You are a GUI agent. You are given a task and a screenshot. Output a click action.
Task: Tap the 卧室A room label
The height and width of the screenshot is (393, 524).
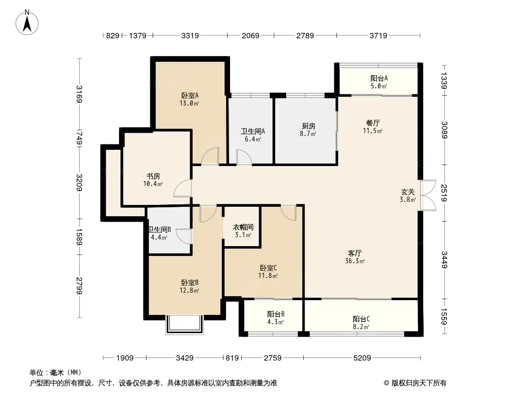[190, 95]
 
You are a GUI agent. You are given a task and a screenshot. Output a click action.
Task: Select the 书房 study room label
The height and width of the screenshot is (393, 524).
[153, 176]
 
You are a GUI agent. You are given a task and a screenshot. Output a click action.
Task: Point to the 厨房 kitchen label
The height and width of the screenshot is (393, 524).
[308, 126]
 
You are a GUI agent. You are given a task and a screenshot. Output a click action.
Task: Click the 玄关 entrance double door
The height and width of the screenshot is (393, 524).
[428, 196]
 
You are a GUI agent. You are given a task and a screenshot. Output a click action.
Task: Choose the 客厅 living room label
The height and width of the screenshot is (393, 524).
[354, 253]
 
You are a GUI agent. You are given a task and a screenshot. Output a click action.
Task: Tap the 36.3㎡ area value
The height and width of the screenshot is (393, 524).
[355, 261]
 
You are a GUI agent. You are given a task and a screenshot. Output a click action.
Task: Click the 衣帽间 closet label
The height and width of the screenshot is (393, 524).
[243, 227]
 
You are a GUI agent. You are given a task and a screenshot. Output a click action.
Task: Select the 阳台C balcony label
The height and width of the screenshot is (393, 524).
[361, 319]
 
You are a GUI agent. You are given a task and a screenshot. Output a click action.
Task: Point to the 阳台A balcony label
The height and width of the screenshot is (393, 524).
[379, 78]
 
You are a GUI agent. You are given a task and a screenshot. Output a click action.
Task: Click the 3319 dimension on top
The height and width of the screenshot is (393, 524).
[190, 35]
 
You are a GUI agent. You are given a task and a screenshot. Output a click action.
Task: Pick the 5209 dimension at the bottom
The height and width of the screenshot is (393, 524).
[362, 358]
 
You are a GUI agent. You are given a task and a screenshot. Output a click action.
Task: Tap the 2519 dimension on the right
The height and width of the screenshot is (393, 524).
[444, 193]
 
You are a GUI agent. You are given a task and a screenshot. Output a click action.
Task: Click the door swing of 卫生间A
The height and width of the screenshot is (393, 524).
[244, 157]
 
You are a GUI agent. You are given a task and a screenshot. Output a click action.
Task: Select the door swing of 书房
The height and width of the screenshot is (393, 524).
[183, 188]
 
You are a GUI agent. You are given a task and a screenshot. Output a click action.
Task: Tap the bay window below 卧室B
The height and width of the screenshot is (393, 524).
[184, 324]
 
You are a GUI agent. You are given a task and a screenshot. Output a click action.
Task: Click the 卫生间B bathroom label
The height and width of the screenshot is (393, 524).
[159, 229]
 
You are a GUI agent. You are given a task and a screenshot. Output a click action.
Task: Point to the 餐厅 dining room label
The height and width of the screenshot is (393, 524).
[373, 123]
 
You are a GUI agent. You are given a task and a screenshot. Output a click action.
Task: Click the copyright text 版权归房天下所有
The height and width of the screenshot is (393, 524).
[419, 383]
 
